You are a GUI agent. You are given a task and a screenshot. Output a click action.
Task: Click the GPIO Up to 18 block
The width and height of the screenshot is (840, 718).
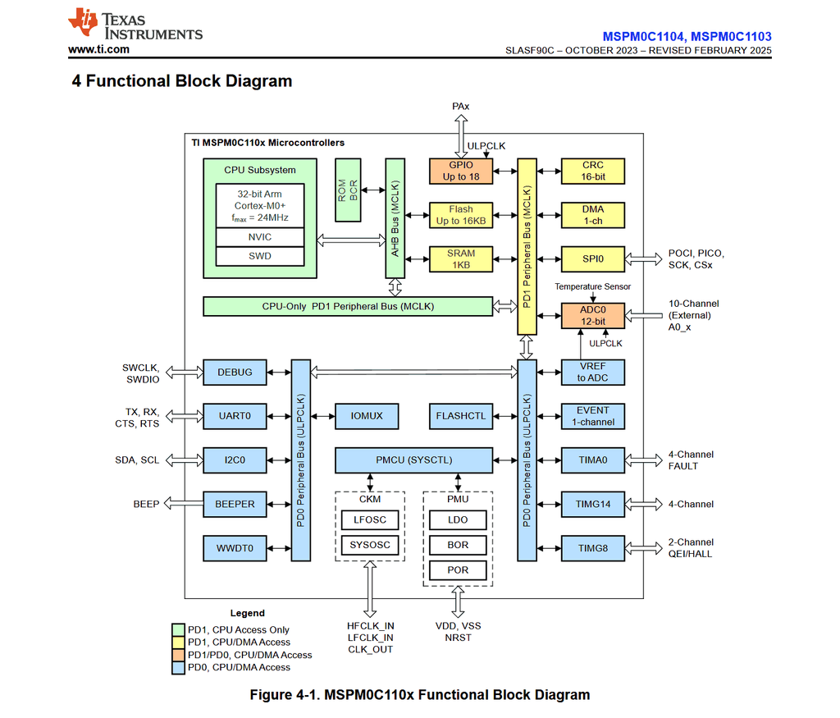pos(460,171)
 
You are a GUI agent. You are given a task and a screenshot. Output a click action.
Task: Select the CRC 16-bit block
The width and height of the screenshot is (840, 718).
pos(592,171)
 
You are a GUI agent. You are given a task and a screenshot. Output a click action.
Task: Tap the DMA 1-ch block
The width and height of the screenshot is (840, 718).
pos(592,215)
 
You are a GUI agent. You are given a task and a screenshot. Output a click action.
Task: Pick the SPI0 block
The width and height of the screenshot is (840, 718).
pos(592,259)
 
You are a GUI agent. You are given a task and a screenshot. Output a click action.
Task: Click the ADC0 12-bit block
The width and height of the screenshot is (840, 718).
pos(592,316)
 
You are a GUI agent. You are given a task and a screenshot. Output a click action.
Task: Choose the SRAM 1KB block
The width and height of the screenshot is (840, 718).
pos(460,259)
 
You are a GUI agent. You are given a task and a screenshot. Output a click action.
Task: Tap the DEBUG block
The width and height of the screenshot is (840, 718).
pos(235,372)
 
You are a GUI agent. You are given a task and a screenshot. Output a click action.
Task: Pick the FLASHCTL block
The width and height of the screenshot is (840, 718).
pos(461,416)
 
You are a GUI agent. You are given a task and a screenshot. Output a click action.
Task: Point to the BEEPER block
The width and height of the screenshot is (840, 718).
pos(235,504)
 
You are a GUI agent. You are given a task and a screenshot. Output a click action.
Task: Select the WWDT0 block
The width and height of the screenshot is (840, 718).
pos(235,548)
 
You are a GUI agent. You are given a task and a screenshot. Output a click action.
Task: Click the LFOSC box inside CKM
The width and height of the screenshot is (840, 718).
pos(370,519)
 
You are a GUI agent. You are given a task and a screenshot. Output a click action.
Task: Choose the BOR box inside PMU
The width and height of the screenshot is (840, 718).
pos(458,545)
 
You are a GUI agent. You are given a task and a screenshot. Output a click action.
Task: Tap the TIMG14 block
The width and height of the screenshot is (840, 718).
pos(592,504)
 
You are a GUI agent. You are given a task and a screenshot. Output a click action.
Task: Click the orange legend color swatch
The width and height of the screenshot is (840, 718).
pos(177,655)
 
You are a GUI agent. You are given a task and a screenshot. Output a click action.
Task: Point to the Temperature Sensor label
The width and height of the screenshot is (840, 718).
pos(592,286)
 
